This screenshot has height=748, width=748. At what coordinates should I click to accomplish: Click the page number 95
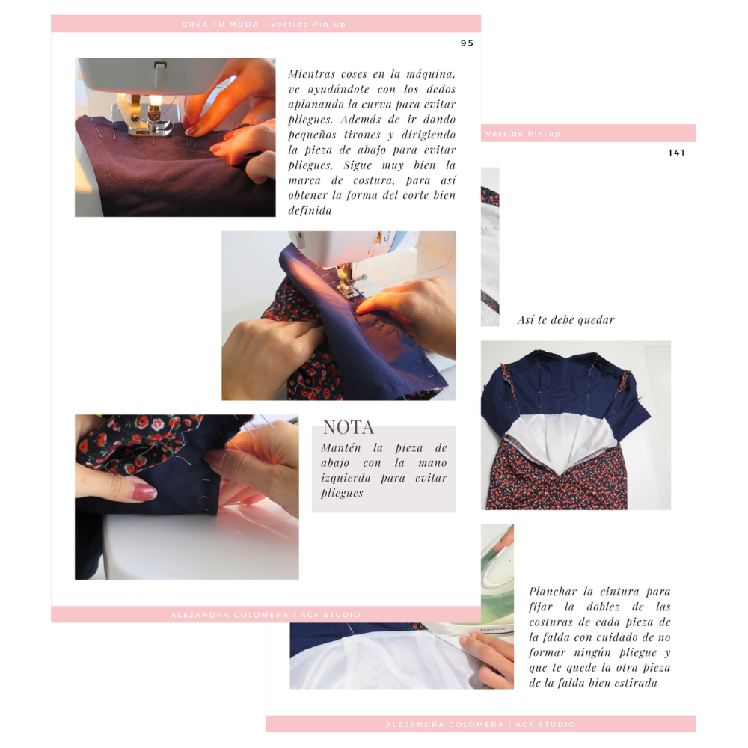(467, 43)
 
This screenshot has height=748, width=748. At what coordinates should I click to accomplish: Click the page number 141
(676, 153)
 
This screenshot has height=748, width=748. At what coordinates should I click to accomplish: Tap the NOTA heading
(349, 427)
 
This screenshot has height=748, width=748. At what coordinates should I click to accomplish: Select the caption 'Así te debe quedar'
(565, 319)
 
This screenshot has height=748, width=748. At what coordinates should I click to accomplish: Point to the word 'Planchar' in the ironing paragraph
(553, 592)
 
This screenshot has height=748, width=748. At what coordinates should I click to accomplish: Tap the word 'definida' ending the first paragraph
(310, 210)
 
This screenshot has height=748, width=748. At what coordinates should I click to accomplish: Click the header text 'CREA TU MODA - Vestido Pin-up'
(264, 25)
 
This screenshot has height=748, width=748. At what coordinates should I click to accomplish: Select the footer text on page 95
(266, 615)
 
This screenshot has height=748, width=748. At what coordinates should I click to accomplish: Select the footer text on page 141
(480, 724)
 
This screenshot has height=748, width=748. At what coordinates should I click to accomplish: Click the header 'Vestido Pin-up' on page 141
(523, 134)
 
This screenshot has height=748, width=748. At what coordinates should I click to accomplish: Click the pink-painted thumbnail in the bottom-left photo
(144, 491)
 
